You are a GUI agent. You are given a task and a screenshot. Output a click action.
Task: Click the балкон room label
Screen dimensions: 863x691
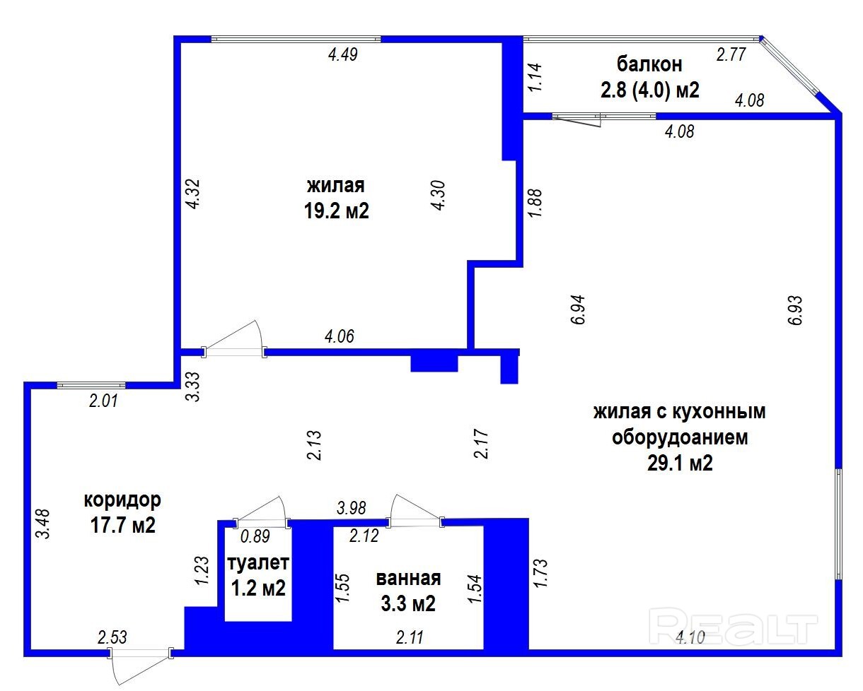(649, 64)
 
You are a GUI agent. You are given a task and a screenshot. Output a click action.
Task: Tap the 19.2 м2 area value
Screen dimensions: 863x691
(336, 211)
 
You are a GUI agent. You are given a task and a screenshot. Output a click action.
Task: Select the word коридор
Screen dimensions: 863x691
(122, 500)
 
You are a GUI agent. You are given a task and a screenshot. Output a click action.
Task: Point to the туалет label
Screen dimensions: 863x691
(258, 563)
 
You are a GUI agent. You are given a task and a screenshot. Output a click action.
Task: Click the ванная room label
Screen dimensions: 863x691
(408, 578)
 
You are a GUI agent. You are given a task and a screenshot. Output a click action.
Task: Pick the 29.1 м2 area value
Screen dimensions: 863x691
(680, 463)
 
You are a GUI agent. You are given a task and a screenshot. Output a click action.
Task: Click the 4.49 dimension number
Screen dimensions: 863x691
(343, 54)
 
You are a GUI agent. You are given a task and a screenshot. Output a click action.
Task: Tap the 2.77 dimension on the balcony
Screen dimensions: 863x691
(731, 54)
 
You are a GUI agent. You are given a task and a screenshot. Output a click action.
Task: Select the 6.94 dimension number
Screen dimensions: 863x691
(578, 309)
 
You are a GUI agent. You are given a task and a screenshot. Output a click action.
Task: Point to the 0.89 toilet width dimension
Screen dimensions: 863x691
(255, 536)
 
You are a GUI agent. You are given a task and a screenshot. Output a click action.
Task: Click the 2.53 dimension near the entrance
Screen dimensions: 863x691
(112, 637)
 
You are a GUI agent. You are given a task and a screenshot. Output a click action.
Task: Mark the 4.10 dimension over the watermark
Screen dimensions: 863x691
(690, 637)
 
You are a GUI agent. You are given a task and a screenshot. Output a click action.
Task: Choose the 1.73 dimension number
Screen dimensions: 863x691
(540, 573)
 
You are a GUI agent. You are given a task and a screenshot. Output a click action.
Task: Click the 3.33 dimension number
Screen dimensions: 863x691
(193, 386)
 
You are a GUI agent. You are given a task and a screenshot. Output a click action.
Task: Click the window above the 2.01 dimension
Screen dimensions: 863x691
(91, 385)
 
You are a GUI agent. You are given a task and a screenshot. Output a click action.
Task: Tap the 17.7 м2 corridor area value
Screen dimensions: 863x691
(122, 525)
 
